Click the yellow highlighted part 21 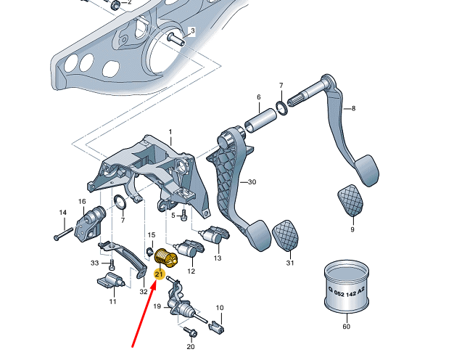(x=166, y=256)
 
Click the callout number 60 (x=346, y=327)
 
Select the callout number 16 (x=82, y=201)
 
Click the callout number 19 (x=156, y=307)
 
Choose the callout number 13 (x=217, y=258)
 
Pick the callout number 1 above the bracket (x=170, y=132)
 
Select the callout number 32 (x=144, y=291)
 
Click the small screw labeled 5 (x=183, y=215)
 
